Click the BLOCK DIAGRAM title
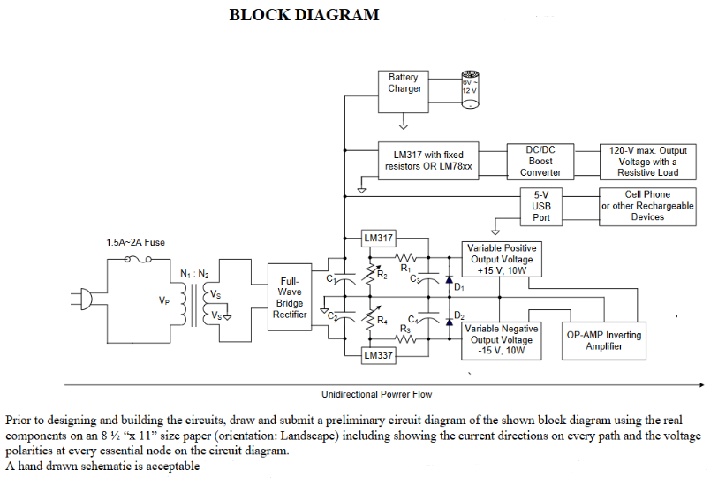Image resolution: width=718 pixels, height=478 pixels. pos(304,15)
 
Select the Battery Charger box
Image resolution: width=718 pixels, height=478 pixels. pos(404,89)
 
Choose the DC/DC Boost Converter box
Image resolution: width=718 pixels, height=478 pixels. pos(540,161)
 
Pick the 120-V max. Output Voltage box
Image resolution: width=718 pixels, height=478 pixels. pos(647,161)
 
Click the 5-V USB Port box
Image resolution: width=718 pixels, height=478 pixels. pos(540,206)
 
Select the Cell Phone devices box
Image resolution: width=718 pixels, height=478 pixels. pos(647,206)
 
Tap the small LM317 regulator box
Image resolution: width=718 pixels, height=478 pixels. pos(378,238)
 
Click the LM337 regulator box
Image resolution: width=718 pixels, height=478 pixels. pos(378,355)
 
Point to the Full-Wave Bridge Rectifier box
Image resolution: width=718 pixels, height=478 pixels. pos(289,298)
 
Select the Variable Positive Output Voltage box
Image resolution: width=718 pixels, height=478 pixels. pos(501,260)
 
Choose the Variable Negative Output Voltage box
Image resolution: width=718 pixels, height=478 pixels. pos(501,340)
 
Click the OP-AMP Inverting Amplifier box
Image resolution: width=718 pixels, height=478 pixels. pos(603,340)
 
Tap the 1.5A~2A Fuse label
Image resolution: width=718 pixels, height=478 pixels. pos(135,242)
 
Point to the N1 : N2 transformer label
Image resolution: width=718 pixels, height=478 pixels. pos(194,274)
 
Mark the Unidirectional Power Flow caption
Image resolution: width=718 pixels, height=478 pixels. pos(376,394)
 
